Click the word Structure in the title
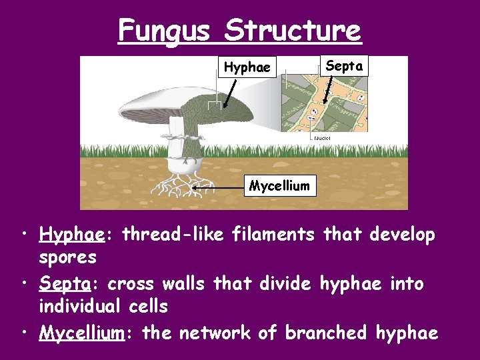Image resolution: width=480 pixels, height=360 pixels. [x=293, y=30]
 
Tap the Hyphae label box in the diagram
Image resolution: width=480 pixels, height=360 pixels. [x=247, y=67]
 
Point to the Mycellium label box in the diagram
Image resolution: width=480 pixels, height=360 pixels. [x=279, y=186]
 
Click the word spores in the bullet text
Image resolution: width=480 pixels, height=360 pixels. [x=68, y=257]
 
